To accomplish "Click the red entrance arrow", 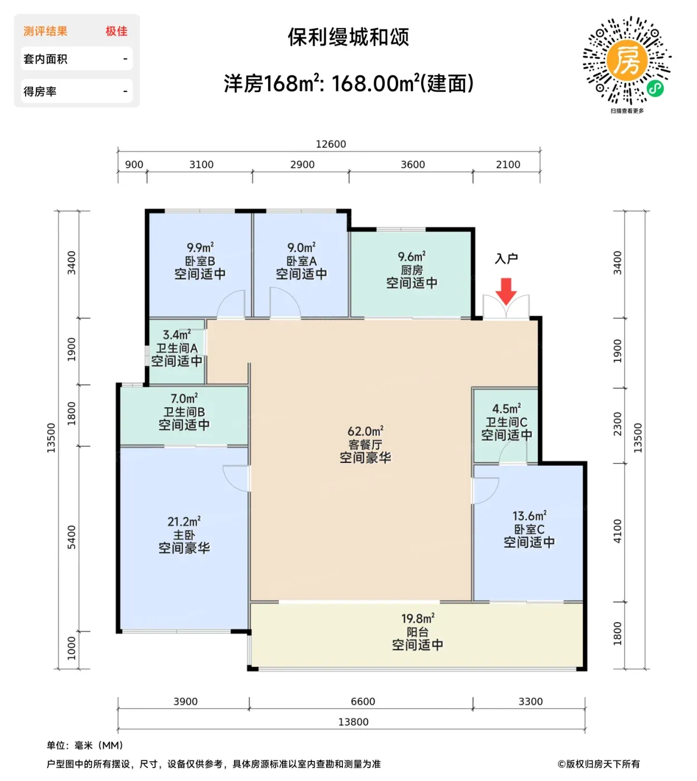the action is [506, 291].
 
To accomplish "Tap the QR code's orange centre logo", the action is [627, 60].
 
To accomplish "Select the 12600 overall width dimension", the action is [331, 144].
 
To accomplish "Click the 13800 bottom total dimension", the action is [354, 722].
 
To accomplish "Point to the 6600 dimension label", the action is [362, 701].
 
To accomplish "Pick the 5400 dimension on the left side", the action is [72, 537].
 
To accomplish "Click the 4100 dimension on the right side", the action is [617, 531].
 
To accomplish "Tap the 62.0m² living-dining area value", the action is [365, 431].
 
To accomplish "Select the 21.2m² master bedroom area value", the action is [184, 521].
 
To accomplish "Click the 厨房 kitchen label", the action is [412, 270].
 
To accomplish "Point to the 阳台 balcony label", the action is [418, 632].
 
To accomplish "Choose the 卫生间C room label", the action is [506, 422].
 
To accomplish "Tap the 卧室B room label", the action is [200, 261].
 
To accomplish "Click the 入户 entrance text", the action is [506, 258].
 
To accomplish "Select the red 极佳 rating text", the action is [117, 31].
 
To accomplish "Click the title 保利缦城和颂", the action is [348, 37].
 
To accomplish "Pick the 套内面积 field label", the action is [45, 59].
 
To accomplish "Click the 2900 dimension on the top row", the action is [302, 165].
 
